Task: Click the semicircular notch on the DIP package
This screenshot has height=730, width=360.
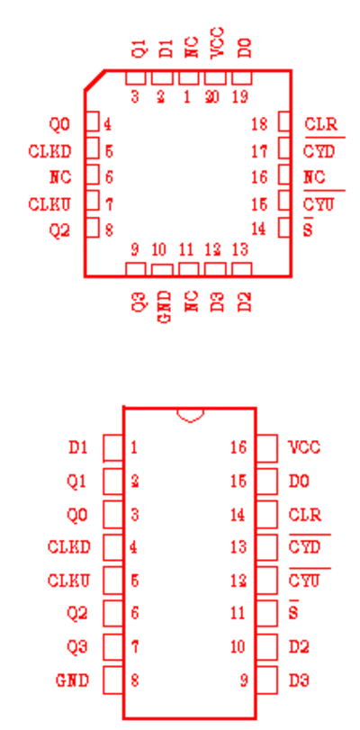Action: coord(190,419)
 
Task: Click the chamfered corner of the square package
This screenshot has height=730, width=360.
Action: coord(94,80)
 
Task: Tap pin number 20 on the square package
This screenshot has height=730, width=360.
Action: coord(212,97)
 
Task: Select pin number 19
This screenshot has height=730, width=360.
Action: coord(240,97)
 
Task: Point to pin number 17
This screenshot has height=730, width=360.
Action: coord(259,151)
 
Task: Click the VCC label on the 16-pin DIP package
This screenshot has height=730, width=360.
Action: coord(304,447)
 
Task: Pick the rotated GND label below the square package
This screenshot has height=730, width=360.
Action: coord(163,307)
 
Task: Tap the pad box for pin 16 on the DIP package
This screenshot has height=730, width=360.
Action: coord(267,448)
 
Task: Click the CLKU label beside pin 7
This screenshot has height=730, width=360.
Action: coord(49,204)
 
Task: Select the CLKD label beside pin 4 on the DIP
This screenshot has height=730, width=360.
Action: coord(69,547)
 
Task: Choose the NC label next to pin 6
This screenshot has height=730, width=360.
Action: coord(60,177)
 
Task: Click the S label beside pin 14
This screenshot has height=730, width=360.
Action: coord(308,228)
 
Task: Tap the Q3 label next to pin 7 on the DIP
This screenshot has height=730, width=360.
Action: coord(77,647)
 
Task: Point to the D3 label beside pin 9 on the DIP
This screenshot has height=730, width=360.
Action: coord(299,680)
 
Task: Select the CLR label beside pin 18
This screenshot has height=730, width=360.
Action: coord(320,125)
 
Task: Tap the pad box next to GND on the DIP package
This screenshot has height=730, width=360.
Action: coord(112,680)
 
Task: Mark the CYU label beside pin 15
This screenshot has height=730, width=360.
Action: coord(319,201)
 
